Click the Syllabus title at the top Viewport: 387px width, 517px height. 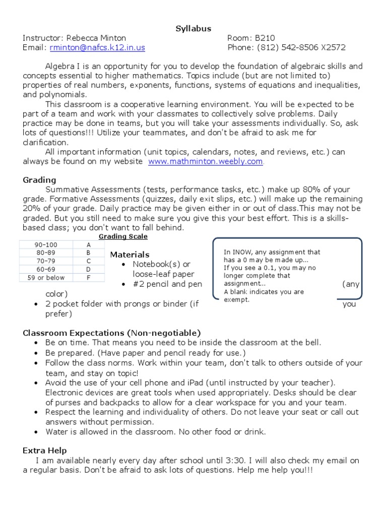[193, 29]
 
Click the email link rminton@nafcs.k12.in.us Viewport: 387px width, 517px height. [97, 47]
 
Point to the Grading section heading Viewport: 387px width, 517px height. [40, 180]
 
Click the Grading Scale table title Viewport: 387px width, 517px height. [123, 236]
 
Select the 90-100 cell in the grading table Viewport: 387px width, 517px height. [45, 245]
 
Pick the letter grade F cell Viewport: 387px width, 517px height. [88, 277]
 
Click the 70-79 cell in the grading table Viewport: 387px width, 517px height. [45, 261]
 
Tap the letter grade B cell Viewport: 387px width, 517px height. [88, 253]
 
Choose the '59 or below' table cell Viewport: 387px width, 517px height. [45, 277]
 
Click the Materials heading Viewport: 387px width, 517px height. [130, 254]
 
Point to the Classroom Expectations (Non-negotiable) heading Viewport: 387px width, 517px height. [112, 333]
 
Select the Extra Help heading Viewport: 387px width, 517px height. [45, 450]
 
